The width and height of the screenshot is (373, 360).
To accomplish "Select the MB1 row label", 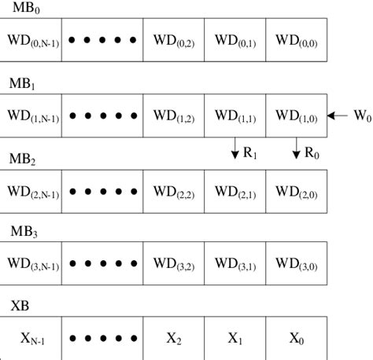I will tap(24, 83).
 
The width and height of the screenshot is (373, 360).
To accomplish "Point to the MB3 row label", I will tap(24, 233).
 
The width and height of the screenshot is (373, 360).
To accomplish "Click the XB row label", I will tap(20, 307).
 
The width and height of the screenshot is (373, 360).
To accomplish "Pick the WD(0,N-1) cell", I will tap(31, 39).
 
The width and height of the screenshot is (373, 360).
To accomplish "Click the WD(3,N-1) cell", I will tap(31, 265).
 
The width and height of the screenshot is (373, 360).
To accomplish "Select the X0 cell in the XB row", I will tap(297, 339).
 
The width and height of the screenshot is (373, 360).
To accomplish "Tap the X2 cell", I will tap(174, 339).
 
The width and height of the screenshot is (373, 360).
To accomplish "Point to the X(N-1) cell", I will tap(31, 339).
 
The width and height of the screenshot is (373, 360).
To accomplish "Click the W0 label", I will tap(361, 116).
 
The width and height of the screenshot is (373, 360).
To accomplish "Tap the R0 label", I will tap(313, 152).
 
